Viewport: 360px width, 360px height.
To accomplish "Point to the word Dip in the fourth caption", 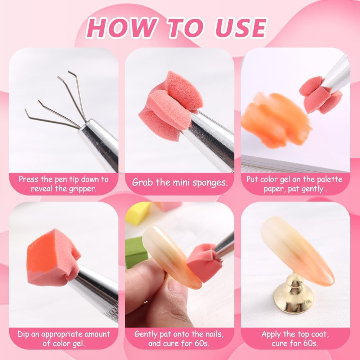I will pos(24,334).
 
